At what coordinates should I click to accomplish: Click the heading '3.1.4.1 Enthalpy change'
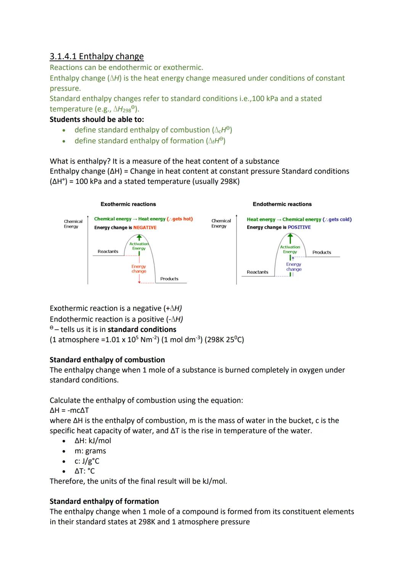click(x=97, y=56)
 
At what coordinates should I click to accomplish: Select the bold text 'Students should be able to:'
click(x=97, y=119)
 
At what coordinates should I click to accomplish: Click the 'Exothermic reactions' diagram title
click(x=128, y=204)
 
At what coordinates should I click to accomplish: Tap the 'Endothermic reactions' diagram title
click(x=282, y=204)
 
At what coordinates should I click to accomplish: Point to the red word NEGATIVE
click(x=145, y=228)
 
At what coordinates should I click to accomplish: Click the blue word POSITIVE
click(x=299, y=227)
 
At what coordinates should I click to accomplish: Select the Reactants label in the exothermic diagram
click(x=108, y=252)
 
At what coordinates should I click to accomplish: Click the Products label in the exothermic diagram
click(x=169, y=279)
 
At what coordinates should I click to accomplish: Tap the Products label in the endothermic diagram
click(x=322, y=252)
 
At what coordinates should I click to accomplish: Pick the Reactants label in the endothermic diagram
click(x=257, y=272)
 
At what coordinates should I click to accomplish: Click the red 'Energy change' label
click(x=139, y=269)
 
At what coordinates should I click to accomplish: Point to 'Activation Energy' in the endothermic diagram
click(x=290, y=249)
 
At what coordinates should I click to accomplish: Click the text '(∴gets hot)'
click(x=180, y=219)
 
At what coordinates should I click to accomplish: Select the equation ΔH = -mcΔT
click(x=69, y=410)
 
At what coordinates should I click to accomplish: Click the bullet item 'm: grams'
click(x=90, y=451)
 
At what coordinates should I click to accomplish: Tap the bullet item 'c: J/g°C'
click(x=87, y=461)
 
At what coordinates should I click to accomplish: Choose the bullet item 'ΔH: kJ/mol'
click(x=93, y=441)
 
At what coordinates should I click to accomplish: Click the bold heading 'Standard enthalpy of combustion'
click(x=107, y=360)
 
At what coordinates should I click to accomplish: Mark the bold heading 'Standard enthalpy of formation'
click(x=104, y=501)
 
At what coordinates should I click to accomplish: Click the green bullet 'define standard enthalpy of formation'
click(x=150, y=141)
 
